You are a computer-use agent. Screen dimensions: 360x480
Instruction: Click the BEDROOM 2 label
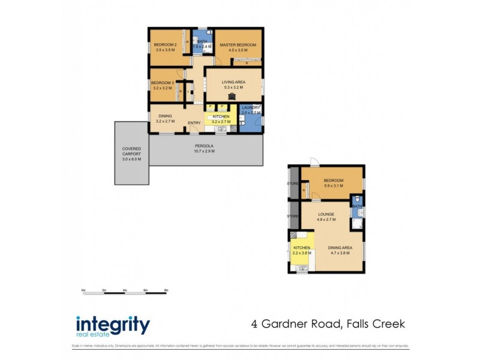[164, 45]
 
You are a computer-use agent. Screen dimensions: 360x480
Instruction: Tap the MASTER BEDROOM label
[238, 45]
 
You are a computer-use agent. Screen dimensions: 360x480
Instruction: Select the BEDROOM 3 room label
[162, 83]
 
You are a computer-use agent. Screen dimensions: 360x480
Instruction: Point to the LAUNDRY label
[251, 108]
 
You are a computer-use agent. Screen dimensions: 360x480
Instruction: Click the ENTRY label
[194, 123]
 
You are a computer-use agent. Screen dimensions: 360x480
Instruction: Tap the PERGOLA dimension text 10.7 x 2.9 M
[204, 151]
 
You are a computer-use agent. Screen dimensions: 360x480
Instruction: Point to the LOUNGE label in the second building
[326, 214]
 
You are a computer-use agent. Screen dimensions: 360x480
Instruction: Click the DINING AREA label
[340, 248]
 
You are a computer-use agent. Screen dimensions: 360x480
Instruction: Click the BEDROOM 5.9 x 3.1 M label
[333, 181]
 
